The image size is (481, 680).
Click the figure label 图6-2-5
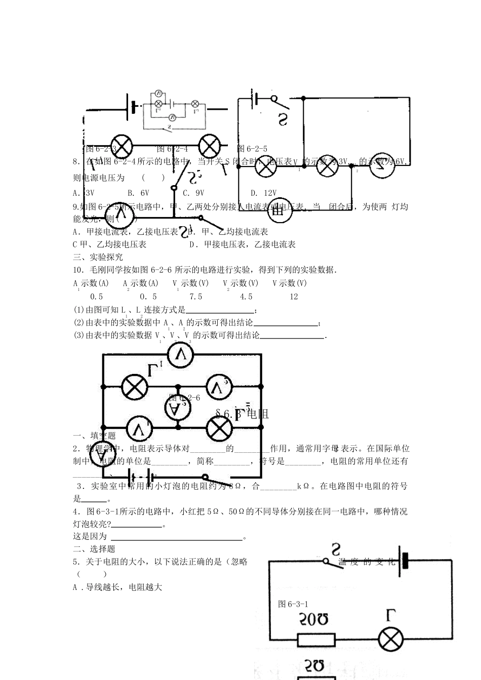coord(252,149)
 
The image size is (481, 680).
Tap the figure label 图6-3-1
coord(293,604)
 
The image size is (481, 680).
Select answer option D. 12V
coord(264,193)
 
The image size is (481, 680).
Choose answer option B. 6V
coord(138,193)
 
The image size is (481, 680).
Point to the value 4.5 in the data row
coord(246,297)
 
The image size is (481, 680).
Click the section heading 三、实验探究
coord(91,257)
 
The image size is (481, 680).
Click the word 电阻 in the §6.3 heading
coord(257,414)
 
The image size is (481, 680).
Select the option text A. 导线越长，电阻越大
coord(117,587)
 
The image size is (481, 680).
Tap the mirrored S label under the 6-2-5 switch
coord(282,119)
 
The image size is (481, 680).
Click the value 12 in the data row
coord(294,297)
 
